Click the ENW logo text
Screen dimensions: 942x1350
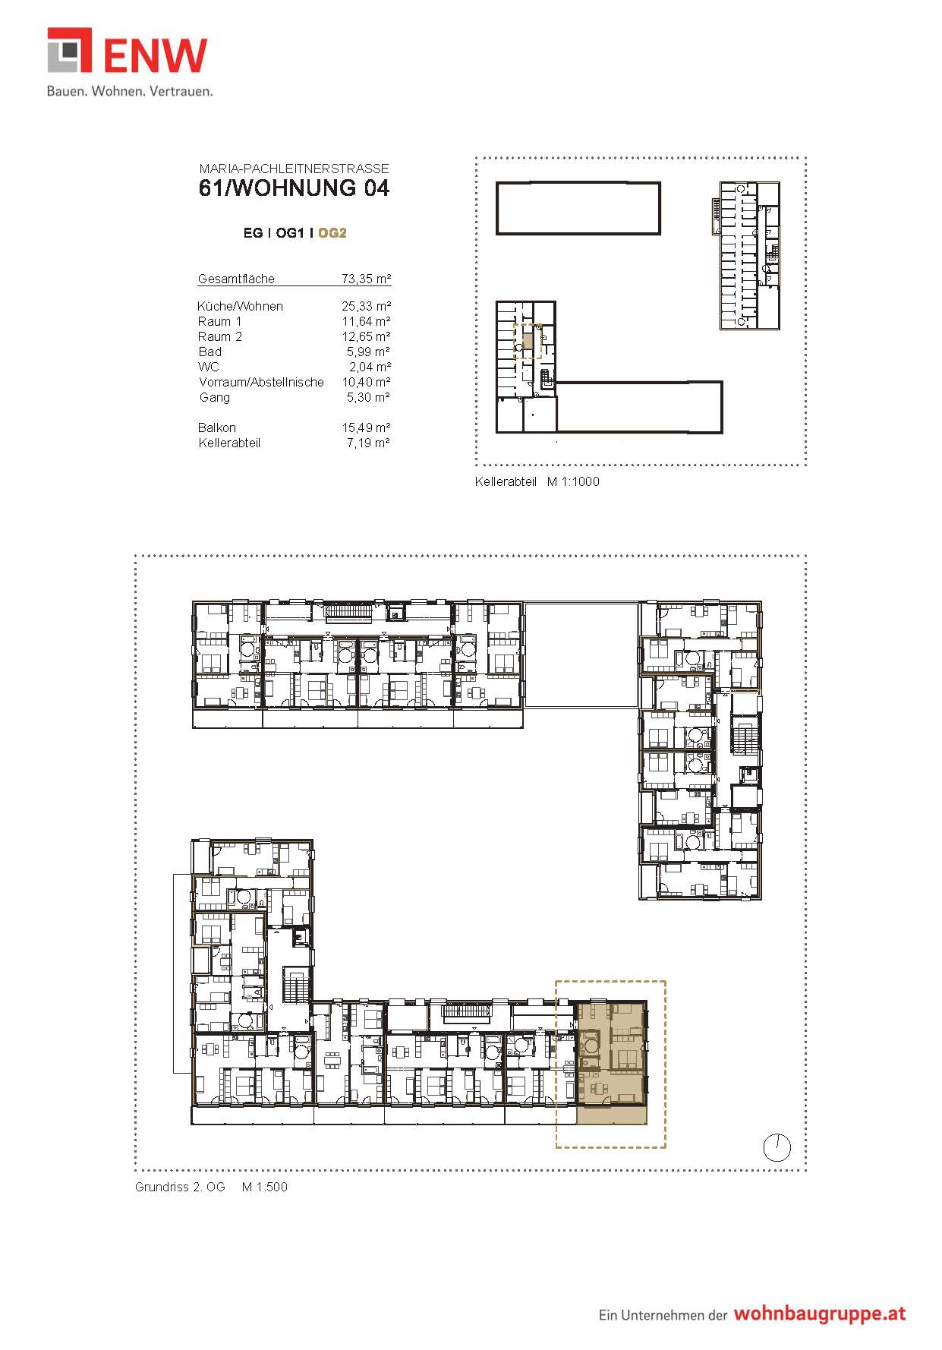pyautogui.click(x=155, y=55)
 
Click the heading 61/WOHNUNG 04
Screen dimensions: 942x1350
pyautogui.click(x=295, y=188)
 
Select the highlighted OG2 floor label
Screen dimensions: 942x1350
pyautogui.click(x=332, y=233)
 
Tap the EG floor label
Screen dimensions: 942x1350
pyautogui.click(x=253, y=233)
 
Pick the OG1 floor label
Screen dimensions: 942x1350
pyautogui.click(x=289, y=233)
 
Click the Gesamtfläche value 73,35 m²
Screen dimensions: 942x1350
pyautogui.click(x=366, y=279)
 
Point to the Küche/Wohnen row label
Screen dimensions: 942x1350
pyautogui.click(x=240, y=306)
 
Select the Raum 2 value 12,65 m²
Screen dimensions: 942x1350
pyautogui.click(x=366, y=336)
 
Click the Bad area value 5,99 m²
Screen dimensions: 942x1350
pyautogui.click(x=368, y=352)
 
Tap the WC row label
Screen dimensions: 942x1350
pyautogui.click(x=208, y=367)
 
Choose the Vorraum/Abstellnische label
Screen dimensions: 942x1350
pyautogui.click(x=261, y=382)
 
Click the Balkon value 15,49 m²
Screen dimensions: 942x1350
pyautogui.click(x=366, y=427)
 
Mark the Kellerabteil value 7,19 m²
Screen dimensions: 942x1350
pyautogui.click(x=368, y=443)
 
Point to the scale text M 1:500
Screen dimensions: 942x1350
pyautogui.click(x=265, y=1187)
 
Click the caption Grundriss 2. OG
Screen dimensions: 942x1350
pyautogui.click(x=180, y=1187)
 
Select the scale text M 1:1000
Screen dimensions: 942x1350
pyautogui.click(x=573, y=481)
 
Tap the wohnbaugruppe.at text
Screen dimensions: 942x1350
pyautogui.click(x=819, y=1314)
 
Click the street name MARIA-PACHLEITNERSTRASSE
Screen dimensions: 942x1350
pyautogui.click(x=294, y=169)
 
